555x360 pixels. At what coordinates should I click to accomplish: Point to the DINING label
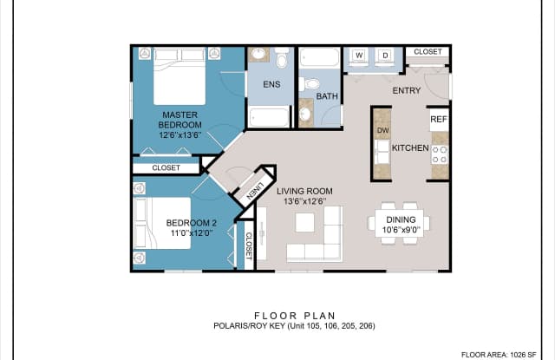[402, 225]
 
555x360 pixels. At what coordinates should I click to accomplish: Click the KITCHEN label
[410, 148]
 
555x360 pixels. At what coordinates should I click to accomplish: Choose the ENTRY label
[406, 90]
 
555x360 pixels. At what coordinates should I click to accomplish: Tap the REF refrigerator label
[439, 120]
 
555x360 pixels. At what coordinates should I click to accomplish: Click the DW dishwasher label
[382, 131]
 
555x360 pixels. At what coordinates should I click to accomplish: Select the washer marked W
[359, 56]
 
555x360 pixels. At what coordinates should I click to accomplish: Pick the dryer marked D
[386, 56]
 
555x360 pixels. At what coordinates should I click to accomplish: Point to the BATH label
[327, 96]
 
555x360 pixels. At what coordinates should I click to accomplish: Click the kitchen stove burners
[440, 154]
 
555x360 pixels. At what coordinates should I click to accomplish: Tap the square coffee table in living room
[304, 222]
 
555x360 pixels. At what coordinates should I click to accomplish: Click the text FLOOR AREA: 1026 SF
[506, 354]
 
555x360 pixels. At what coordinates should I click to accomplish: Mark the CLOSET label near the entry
[428, 52]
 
